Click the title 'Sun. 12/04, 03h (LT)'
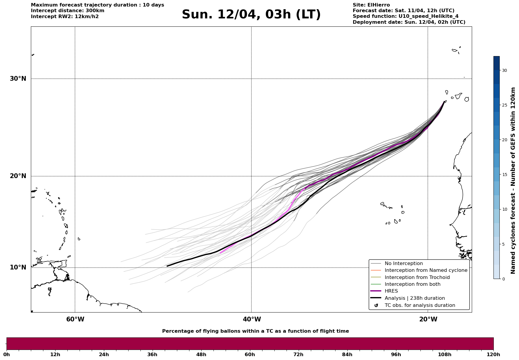(x=251, y=15)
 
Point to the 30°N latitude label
(x=18, y=79)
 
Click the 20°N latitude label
(x=18, y=176)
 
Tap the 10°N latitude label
(x=18, y=267)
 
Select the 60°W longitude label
(x=75, y=319)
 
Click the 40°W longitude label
(x=252, y=319)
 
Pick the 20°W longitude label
(x=428, y=319)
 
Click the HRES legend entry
(x=391, y=291)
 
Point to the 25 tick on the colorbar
(x=504, y=105)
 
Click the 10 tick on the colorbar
(x=504, y=209)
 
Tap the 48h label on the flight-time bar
(x=201, y=354)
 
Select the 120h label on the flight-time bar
(x=493, y=354)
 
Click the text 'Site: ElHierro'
(x=371, y=5)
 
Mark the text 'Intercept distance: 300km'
(x=68, y=11)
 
